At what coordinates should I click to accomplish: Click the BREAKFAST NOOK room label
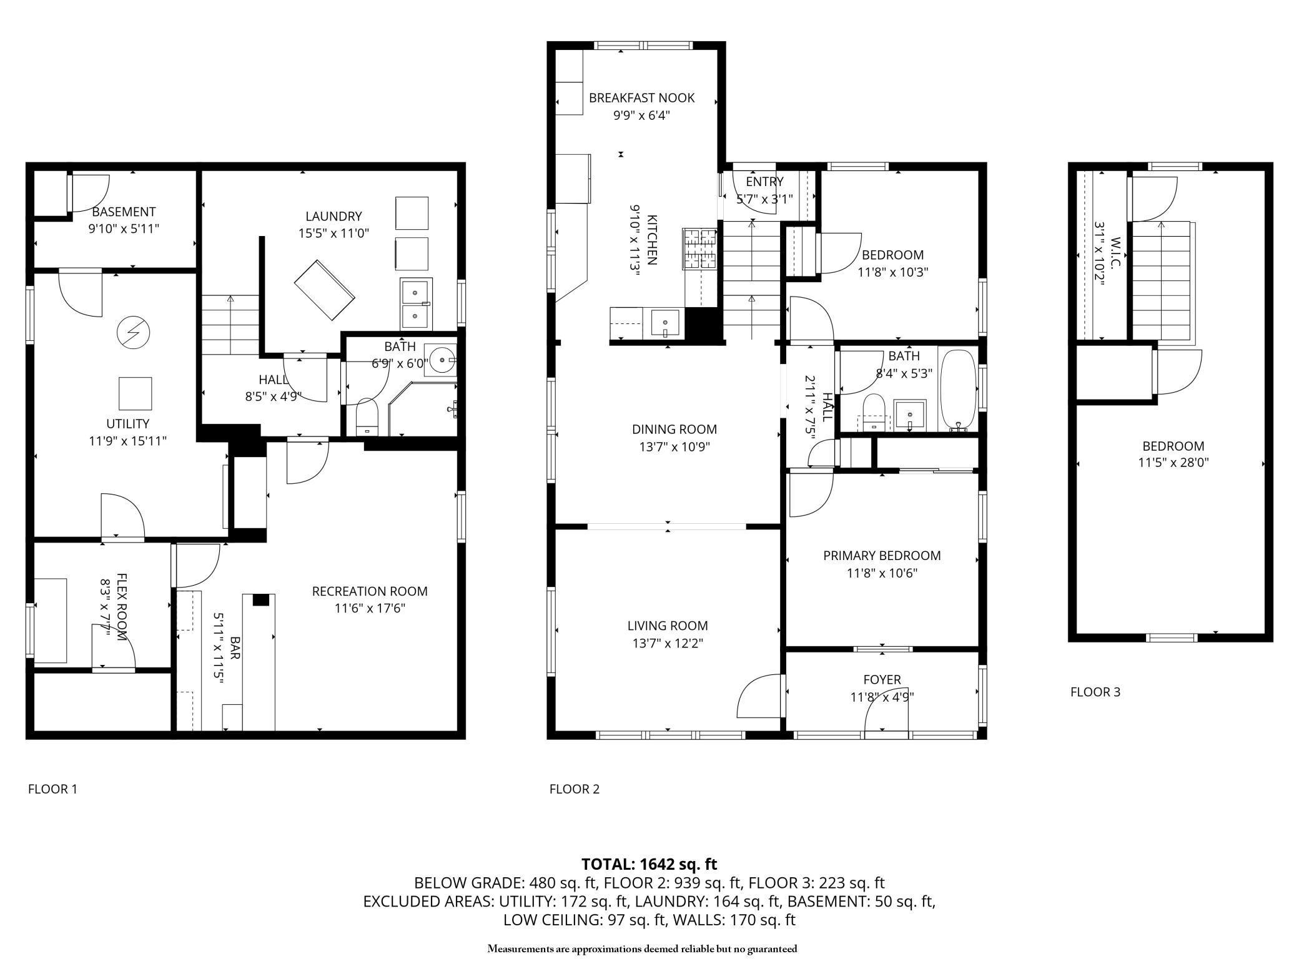point(641,98)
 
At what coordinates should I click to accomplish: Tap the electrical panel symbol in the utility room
point(133,331)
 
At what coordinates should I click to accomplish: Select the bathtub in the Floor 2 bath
point(958,390)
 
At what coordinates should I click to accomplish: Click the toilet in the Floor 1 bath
point(367,417)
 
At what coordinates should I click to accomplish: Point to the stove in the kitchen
point(699,249)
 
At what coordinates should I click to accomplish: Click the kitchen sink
point(666,323)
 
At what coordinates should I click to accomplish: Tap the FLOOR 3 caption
point(1095,692)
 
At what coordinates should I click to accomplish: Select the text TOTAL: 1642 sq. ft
point(649,864)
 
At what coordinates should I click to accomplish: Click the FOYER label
point(882,679)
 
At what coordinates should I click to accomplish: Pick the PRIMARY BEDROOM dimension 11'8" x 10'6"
point(882,573)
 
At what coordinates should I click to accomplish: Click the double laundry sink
point(415,303)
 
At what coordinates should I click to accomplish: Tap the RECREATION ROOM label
point(370,591)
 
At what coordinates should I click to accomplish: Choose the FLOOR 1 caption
point(52,789)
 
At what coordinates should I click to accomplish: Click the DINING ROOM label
point(674,430)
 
